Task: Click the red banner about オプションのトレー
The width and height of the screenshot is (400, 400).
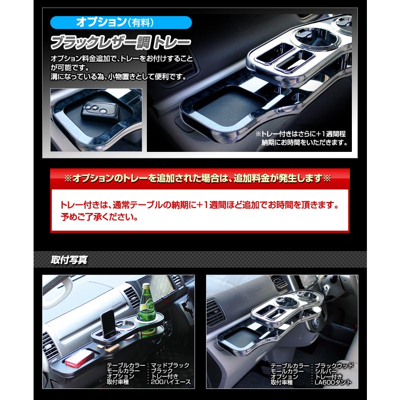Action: (200, 178)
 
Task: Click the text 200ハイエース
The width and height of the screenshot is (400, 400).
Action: (169, 381)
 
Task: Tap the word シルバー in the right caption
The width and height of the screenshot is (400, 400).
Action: (328, 371)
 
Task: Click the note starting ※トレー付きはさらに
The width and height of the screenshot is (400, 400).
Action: (301, 138)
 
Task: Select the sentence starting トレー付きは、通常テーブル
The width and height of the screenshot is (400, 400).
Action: (198, 206)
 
